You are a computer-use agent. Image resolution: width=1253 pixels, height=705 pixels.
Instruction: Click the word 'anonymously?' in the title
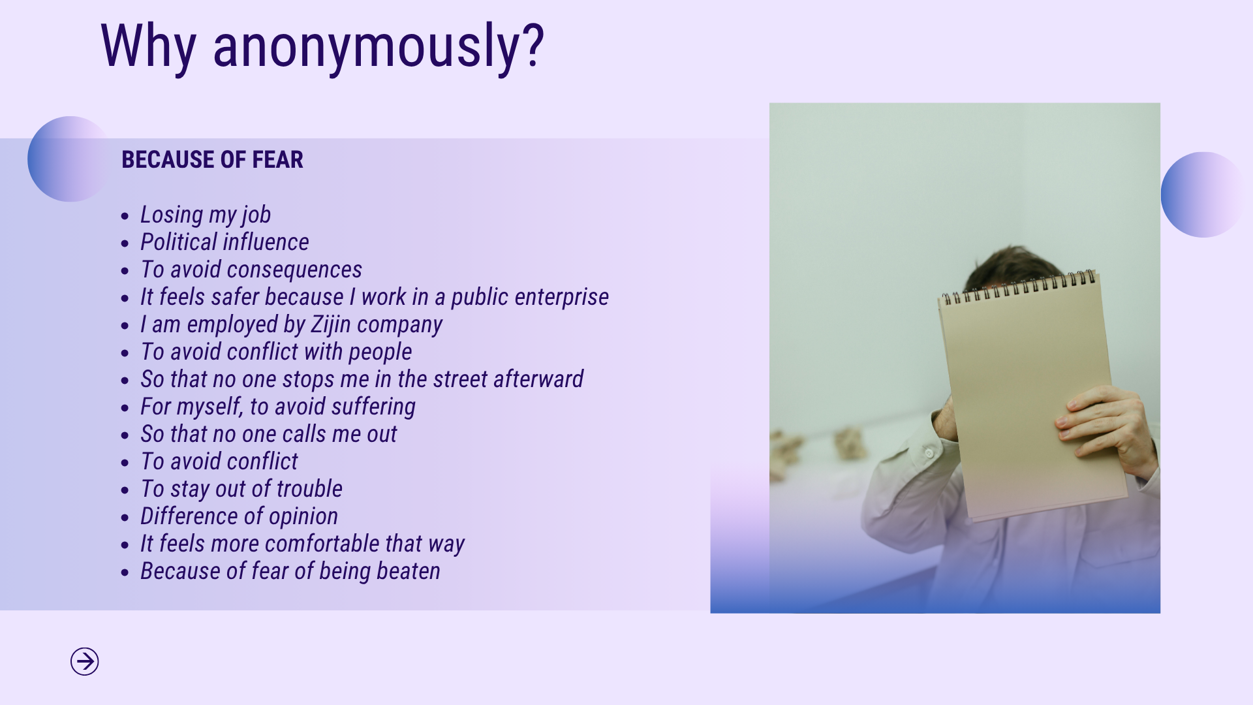(x=379, y=47)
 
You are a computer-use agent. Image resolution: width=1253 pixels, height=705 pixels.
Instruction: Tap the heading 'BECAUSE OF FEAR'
(x=212, y=160)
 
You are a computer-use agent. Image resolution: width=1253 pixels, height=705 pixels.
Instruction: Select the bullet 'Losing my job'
(x=206, y=215)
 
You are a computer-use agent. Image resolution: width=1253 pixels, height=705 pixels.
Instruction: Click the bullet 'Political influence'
(x=224, y=242)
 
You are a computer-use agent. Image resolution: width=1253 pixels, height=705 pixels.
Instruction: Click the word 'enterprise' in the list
(x=563, y=297)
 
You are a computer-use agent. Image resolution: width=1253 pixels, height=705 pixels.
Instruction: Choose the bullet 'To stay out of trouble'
(x=241, y=489)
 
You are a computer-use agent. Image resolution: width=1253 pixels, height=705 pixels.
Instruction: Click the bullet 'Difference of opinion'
(x=239, y=516)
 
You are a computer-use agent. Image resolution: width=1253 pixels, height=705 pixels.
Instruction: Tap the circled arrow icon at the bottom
(x=85, y=662)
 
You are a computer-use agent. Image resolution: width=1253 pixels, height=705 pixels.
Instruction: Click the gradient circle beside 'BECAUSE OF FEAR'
(x=69, y=159)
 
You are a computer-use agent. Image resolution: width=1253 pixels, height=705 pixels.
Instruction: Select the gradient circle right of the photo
(x=1203, y=195)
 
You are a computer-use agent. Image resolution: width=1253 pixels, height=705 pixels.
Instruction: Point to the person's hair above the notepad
(x=1005, y=268)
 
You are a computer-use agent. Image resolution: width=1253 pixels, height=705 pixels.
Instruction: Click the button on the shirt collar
(x=929, y=452)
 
